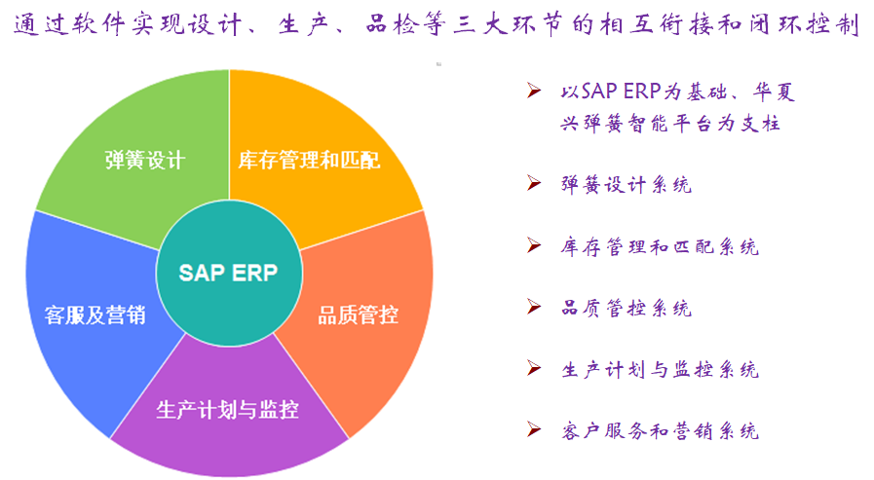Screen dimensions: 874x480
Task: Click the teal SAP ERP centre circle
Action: tap(229, 273)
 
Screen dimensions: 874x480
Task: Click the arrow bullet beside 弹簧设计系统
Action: tap(534, 183)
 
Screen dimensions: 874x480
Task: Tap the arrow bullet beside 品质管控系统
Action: tap(534, 307)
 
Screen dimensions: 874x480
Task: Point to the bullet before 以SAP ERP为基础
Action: tap(534, 91)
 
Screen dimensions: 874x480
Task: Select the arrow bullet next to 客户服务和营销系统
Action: tap(534, 429)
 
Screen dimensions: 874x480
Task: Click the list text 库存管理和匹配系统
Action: tap(660, 246)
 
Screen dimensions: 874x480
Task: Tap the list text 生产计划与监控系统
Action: tap(660, 369)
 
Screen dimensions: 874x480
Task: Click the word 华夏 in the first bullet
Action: tap(774, 92)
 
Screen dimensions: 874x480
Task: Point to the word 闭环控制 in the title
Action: tap(804, 24)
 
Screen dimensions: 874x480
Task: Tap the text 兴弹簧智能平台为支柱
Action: tap(670, 123)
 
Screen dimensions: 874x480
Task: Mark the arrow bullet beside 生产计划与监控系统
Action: tap(534, 367)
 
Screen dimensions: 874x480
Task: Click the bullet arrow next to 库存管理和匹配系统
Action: tap(534, 244)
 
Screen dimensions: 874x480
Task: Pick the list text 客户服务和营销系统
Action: tap(660, 431)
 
